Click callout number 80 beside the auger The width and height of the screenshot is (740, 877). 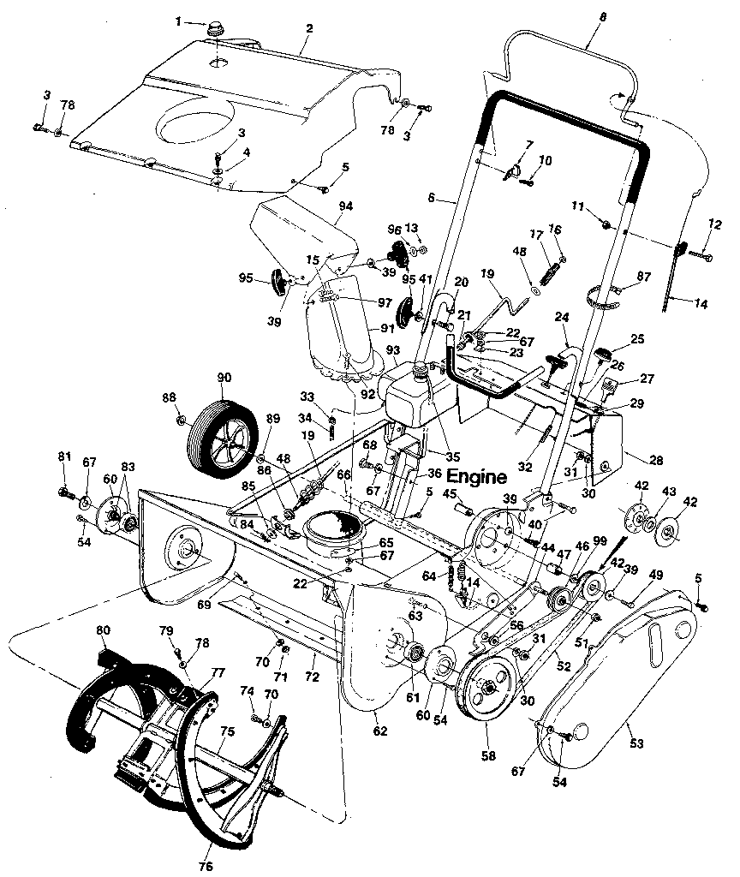coord(103,631)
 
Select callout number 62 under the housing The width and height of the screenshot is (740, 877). coord(379,731)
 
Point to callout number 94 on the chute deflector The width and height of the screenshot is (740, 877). coord(346,206)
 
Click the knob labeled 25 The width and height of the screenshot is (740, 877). coord(606,352)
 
